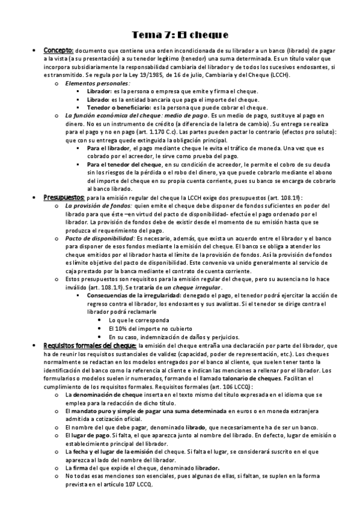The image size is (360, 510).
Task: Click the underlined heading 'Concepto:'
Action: tap(58, 51)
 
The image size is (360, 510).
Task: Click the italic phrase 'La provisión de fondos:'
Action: tap(99, 206)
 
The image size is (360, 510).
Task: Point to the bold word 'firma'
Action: tap(82, 467)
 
